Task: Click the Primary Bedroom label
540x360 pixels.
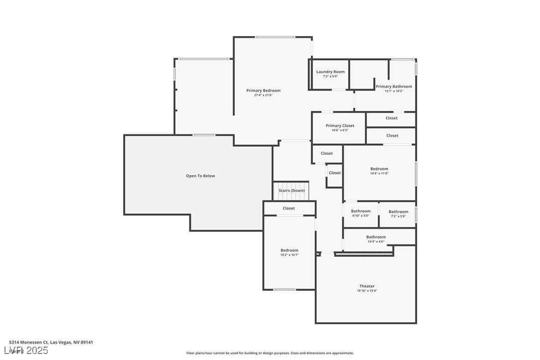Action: (x=263, y=90)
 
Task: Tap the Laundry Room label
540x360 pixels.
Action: (x=330, y=72)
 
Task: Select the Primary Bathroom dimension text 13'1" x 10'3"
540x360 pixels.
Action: (x=394, y=91)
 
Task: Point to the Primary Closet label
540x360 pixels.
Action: (x=340, y=126)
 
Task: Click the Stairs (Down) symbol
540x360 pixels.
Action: (x=291, y=190)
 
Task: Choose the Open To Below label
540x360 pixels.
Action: (x=200, y=176)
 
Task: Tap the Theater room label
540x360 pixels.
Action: (x=367, y=286)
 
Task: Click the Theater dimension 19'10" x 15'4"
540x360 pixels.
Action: (x=367, y=291)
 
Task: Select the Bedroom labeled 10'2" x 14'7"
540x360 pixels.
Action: (x=289, y=251)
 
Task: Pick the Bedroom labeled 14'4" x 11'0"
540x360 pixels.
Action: (x=379, y=169)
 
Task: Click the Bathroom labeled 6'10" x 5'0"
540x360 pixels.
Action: (x=360, y=211)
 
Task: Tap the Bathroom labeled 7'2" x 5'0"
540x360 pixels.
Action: (x=398, y=212)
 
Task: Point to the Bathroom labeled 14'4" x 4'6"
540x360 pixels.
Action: (x=376, y=237)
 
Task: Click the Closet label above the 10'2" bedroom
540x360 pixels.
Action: (x=288, y=208)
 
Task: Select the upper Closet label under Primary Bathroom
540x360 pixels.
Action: (x=391, y=118)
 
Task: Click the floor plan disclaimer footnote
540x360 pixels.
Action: (x=270, y=353)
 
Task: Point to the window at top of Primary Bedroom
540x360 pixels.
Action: (x=274, y=37)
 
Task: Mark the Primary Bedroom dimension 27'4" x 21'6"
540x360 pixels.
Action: (x=263, y=95)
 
